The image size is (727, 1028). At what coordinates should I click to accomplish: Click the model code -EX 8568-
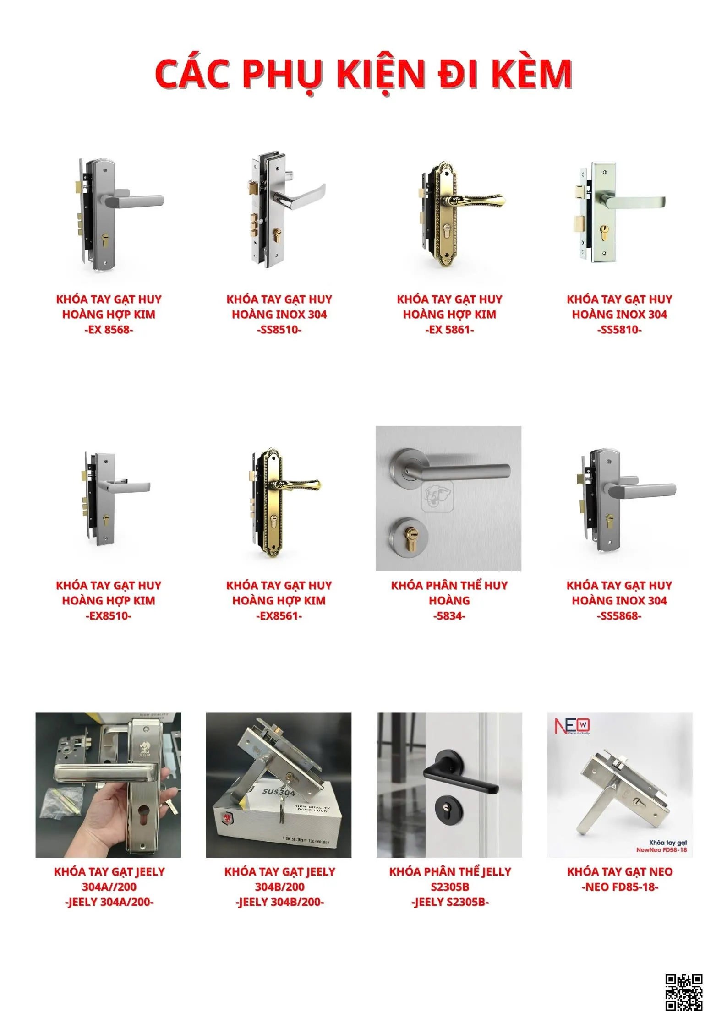coord(109,330)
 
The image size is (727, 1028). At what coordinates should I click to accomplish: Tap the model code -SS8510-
coord(279,330)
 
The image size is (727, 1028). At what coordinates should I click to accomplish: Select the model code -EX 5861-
coord(449,330)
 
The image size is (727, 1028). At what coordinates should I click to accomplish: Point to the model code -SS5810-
coord(619,330)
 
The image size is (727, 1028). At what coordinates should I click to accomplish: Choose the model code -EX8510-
coord(109,616)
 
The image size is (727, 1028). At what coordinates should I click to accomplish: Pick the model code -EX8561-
coord(279,616)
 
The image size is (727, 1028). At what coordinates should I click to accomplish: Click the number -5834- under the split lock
coord(449,616)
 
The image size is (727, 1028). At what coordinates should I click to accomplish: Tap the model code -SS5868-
coord(619,616)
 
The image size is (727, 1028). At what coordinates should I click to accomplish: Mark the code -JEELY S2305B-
coord(450,902)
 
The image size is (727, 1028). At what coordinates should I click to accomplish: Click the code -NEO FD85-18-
coord(619,887)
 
